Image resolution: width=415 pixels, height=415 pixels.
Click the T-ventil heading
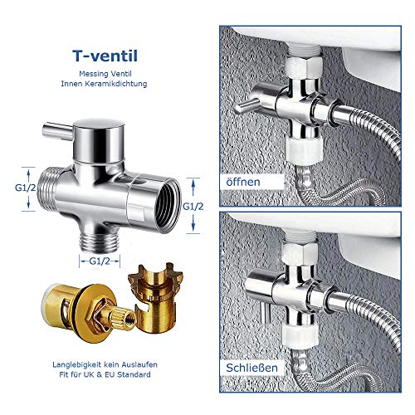point(105,56)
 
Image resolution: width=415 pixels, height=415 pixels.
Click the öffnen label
point(243,182)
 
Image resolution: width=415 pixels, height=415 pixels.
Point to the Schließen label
point(251,368)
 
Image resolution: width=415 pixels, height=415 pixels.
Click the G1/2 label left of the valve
point(25,188)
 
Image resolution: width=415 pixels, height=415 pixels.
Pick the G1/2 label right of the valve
point(193,207)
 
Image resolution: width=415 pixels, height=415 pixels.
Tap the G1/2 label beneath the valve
point(100,261)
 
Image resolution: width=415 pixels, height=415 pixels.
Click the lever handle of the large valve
point(57,130)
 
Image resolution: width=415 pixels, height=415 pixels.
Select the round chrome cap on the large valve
point(99,140)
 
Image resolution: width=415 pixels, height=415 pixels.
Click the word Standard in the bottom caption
point(134,374)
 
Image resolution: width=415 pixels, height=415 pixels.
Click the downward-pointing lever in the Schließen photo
point(265,312)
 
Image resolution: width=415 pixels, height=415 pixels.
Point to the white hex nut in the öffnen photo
point(304,66)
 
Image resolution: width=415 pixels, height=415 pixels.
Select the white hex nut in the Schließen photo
point(300,253)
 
